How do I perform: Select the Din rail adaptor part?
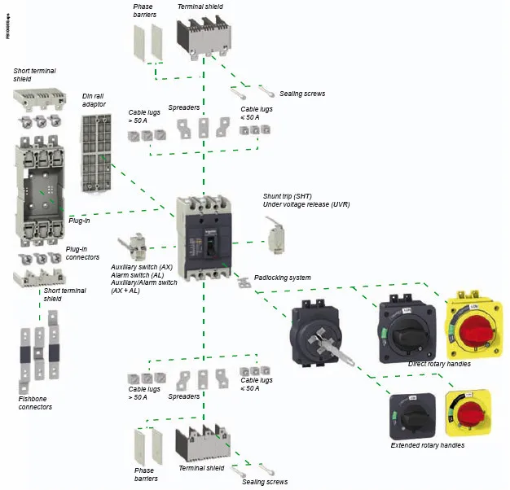pos(95,153)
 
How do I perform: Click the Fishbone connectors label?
pos(35,402)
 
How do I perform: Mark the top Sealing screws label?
pos(302,94)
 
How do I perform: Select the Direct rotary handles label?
pos(439,364)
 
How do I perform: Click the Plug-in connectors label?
pos(82,252)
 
